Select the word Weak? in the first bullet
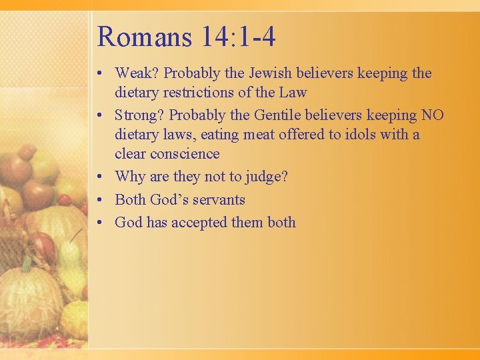pyautogui.click(x=139, y=73)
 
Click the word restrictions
pyautogui.click(x=197, y=92)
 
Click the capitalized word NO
pyautogui.click(x=432, y=115)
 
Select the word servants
pyautogui.click(x=219, y=200)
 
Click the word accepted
pyautogui.click(x=199, y=223)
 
